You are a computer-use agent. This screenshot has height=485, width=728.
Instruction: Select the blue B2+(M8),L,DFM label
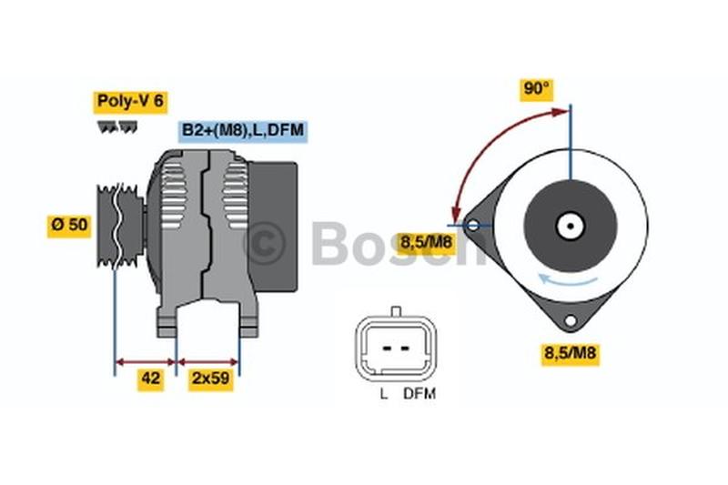pyautogui.click(x=243, y=131)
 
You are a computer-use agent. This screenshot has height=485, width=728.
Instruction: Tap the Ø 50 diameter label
pyautogui.click(x=69, y=225)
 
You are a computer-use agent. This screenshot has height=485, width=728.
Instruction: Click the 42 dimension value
pyautogui.click(x=151, y=379)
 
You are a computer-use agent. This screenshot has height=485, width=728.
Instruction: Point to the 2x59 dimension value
pyautogui.click(x=209, y=379)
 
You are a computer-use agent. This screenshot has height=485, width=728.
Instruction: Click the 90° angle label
pyautogui.click(x=537, y=89)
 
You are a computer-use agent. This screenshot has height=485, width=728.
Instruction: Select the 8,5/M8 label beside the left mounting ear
pyautogui.click(x=426, y=242)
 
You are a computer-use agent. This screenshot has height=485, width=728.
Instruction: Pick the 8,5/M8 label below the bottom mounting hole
pyautogui.click(x=570, y=354)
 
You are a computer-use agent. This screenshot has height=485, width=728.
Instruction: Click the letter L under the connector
pyautogui.click(x=383, y=394)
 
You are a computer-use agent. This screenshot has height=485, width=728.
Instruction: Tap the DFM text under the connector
pyautogui.click(x=420, y=394)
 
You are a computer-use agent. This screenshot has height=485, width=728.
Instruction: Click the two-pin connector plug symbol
pyautogui.click(x=394, y=347)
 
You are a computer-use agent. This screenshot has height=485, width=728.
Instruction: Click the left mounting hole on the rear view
pyautogui.click(x=472, y=225)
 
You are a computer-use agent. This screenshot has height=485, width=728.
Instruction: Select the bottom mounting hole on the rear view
pyautogui.click(x=571, y=321)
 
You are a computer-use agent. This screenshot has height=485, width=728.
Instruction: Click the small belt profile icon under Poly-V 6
pyautogui.click(x=116, y=128)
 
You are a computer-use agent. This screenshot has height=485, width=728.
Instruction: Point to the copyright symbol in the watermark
pyautogui.click(x=266, y=243)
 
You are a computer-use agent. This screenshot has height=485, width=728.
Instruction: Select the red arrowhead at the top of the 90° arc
pyautogui.click(x=561, y=111)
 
